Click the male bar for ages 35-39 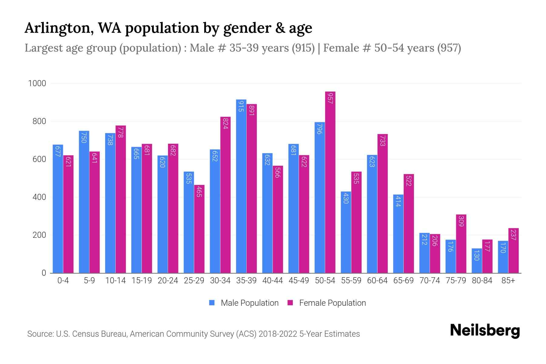pyautogui.click(x=241, y=186)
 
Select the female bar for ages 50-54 pyautogui.click(x=330, y=182)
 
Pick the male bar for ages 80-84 pyautogui.click(x=477, y=261)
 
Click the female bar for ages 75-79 pyautogui.click(x=461, y=244)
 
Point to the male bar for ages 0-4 pyautogui.click(x=58, y=209)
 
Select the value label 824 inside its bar pyautogui.click(x=225, y=123)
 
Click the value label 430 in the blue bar pyautogui.click(x=346, y=198)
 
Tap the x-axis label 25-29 pyautogui.click(x=194, y=281)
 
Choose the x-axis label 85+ pyautogui.click(x=508, y=281)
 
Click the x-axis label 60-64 pyautogui.click(x=377, y=281)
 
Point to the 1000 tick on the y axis pyautogui.click(x=37, y=83)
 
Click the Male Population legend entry pyautogui.click(x=249, y=303)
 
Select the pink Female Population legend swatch pyautogui.click(x=290, y=303)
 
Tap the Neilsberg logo pyautogui.click(x=485, y=331)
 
